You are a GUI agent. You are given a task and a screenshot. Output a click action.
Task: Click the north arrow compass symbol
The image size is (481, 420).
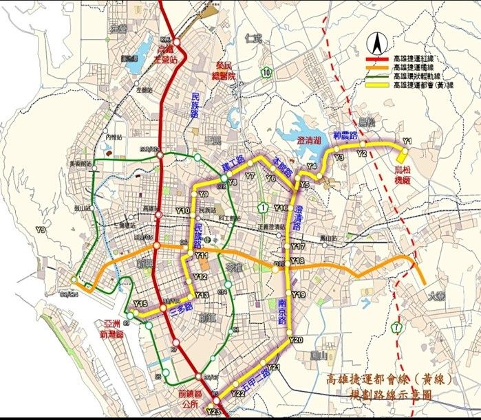377,46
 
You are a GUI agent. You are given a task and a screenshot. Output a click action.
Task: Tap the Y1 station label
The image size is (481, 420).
407,141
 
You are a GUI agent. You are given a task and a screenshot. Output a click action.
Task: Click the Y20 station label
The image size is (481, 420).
297,340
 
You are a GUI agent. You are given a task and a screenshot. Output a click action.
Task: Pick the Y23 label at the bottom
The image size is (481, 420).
213,411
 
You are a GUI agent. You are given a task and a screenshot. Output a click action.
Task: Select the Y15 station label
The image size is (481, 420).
140,304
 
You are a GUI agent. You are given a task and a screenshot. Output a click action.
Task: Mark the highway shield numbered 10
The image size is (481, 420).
266,71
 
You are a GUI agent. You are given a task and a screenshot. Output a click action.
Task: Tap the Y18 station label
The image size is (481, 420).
297,260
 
